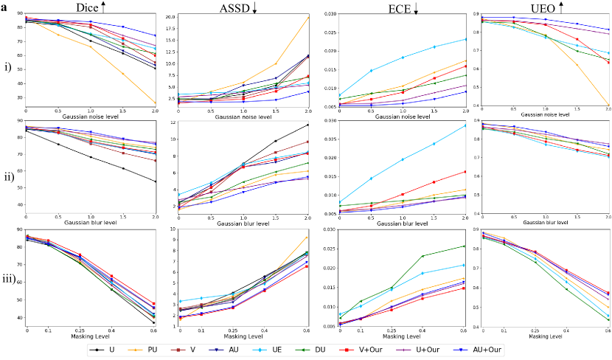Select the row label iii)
click(x=13, y=279)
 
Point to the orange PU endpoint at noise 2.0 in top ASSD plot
click(x=308, y=18)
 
